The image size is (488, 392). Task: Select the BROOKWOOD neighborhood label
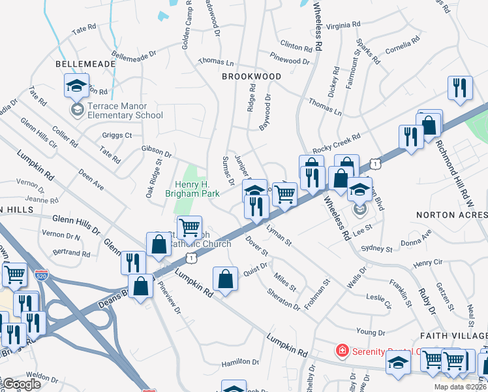pos(251,76)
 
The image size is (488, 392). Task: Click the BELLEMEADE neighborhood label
pos(85,64)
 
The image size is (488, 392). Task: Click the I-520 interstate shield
pos(41,275)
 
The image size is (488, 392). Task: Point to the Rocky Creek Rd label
pos(336,142)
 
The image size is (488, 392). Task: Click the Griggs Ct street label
pos(117,135)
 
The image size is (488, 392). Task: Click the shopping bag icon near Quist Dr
pos(225,279)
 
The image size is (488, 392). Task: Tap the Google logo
pos(21,384)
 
